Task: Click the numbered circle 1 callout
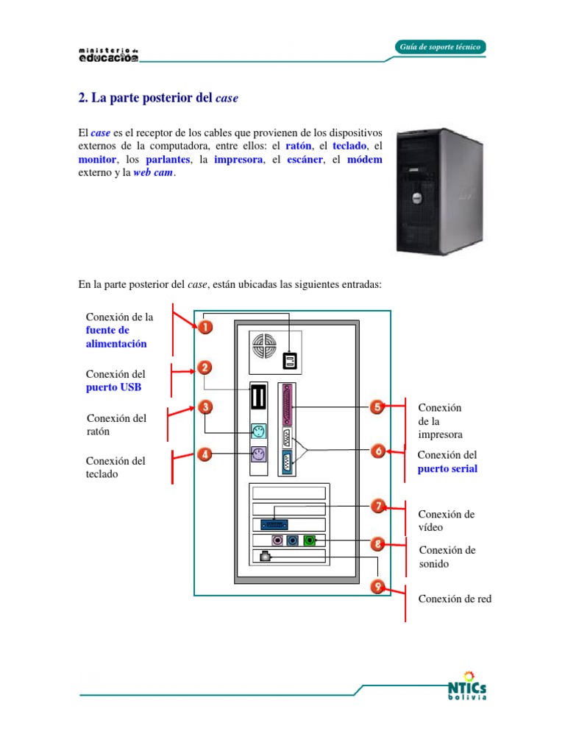tap(205, 326)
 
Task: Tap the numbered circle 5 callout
tap(376, 407)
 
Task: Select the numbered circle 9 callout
tap(377, 587)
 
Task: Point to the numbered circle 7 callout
tap(377, 506)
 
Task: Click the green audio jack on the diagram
tap(310, 540)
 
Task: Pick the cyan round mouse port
tap(257, 432)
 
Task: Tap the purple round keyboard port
tap(257, 455)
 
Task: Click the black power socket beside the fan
tap(291, 360)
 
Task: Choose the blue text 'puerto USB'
tap(114, 387)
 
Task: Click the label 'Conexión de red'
tap(455, 599)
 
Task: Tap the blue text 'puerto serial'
tap(447, 468)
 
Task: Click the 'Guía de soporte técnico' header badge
tap(440, 47)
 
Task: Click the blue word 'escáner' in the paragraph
tap(304, 159)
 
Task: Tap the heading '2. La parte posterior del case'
tap(158, 97)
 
